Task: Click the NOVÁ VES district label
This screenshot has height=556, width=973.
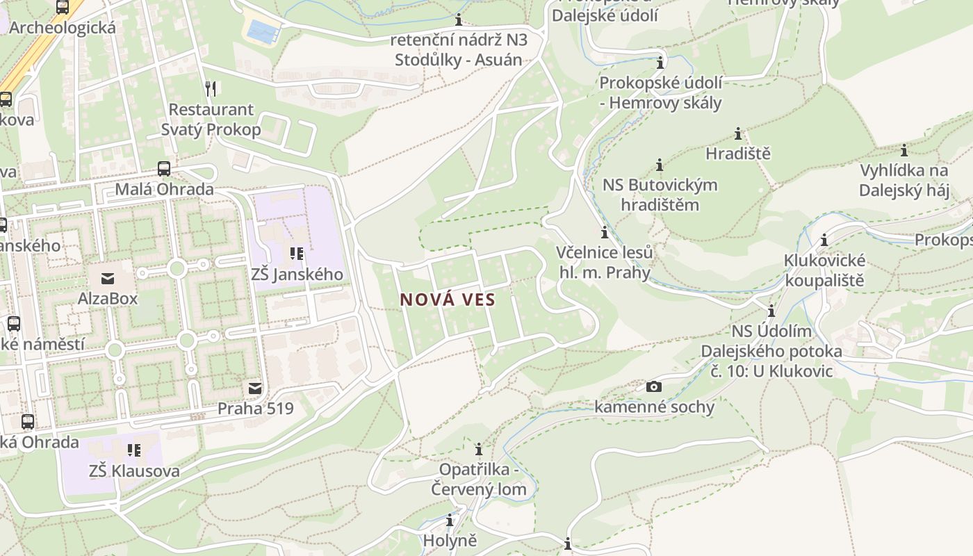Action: [x=448, y=300]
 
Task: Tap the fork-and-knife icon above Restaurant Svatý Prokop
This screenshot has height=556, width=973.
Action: [x=211, y=88]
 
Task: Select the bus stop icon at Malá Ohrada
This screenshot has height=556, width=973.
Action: [x=164, y=168]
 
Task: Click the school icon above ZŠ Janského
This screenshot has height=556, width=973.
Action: [x=297, y=254]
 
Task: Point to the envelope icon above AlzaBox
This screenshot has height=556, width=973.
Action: [x=108, y=279]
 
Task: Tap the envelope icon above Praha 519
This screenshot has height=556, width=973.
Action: [x=255, y=388]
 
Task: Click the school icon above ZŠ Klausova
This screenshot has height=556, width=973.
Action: [x=134, y=450]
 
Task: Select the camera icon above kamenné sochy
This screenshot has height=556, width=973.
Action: [x=654, y=386]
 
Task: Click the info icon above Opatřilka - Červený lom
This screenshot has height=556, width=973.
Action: [x=478, y=449]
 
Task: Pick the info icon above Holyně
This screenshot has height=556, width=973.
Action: [x=450, y=520]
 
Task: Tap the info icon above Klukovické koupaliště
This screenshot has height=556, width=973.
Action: [x=824, y=240]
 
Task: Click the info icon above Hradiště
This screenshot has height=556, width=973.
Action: [x=738, y=133]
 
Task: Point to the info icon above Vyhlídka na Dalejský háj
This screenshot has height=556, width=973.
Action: [x=904, y=150]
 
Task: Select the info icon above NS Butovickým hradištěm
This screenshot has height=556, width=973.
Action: [x=660, y=165]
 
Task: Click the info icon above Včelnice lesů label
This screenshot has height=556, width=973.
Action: [x=605, y=231]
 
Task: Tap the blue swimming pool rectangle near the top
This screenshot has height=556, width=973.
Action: [x=263, y=31]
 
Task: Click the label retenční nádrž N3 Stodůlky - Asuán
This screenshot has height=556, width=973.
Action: [x=458, y=49]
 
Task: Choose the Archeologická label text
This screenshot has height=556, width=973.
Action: [x=63, y=28]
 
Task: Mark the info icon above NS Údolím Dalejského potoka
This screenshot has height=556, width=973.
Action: [x=771, y=311]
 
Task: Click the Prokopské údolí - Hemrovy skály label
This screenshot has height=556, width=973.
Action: [x=660, y=92]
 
